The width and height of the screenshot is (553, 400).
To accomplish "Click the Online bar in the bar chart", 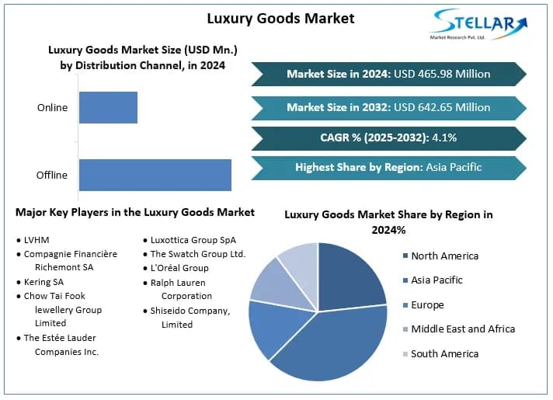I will [x=108, y=107].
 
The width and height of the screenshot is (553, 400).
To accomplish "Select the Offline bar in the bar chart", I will [x=155, y=175].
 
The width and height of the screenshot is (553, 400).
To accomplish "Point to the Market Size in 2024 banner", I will [x=388, y=74].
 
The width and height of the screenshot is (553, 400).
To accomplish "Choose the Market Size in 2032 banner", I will [x=388, y=107].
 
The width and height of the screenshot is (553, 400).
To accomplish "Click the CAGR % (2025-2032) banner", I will [x=388, y=138].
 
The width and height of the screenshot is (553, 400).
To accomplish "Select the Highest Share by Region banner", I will [x=388, y=167].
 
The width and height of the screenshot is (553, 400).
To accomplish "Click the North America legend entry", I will [x=444, y=256].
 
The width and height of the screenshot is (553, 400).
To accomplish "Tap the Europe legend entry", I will [x=428, y=304].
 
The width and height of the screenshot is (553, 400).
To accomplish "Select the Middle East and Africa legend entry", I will [x=462, y=329].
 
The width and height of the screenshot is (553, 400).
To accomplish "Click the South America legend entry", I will [x=444, y=353].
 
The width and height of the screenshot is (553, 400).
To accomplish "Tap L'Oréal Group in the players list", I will [x=179, y=268].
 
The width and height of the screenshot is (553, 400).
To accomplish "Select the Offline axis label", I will [x=52, y=175].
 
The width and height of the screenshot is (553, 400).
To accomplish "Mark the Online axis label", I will [x=52, y=107].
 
